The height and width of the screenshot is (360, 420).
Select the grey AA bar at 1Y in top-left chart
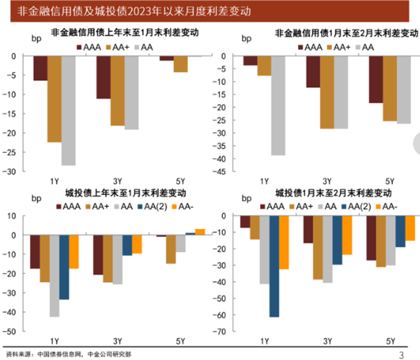(68, 110)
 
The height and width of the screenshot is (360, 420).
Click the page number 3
(401, 355)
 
